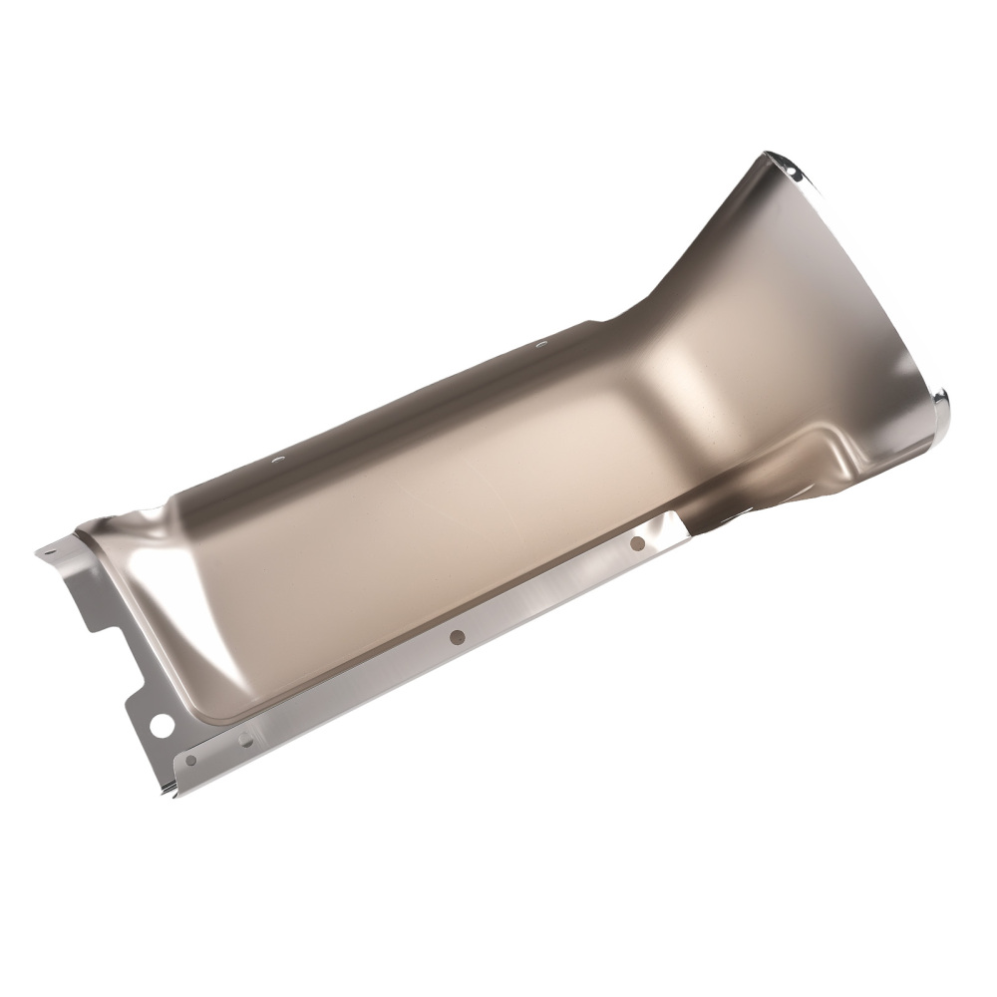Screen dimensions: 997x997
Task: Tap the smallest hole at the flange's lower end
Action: [x=190, y=761]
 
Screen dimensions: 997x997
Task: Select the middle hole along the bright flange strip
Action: [x=456, y=636]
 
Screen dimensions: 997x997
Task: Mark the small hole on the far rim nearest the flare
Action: [x=541, y=344]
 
